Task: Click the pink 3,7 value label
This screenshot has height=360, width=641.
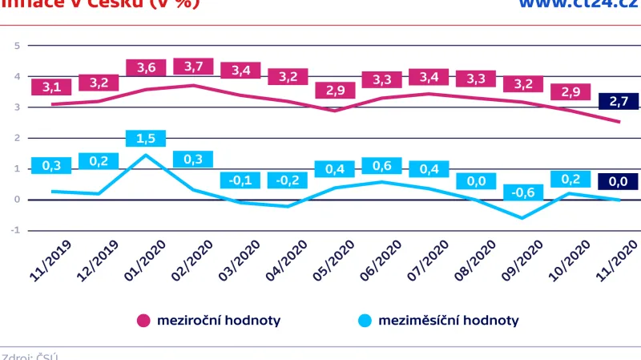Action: coord(193,66)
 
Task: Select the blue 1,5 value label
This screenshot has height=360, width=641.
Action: coord(146,138)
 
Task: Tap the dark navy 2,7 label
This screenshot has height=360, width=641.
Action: coord(619,102)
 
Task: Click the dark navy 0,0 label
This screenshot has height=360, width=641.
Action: coord(619,182)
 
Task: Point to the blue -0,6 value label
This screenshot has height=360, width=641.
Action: coord(523,192)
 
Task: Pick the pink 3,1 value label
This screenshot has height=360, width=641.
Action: coord(51,87)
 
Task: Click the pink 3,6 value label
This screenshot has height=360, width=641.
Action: coord(146,67)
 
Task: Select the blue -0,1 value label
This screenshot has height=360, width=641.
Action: coord(240,180)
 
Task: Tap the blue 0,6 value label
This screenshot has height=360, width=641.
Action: coord(382,166)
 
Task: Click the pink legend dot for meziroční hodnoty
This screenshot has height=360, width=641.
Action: coord(144,321)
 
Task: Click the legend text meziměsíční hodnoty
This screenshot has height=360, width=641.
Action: coord(449,321)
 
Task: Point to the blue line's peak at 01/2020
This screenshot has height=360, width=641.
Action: coord(146,155)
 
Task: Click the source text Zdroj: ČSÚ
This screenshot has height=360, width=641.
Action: coord(30,356)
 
